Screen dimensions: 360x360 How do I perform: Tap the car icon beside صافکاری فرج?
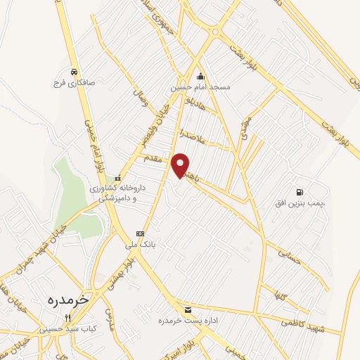point(73,72)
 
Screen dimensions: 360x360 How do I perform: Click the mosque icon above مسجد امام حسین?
point(200,77)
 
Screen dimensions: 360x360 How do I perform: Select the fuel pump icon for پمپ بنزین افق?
point(300,191)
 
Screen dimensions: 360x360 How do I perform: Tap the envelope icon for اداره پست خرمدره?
point(187,309)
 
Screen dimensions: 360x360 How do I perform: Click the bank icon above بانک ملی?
point(139,233)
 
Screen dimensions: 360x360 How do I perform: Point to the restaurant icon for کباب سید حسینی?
point(68,318)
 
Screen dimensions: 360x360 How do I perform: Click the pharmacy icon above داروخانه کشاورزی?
point(117,178)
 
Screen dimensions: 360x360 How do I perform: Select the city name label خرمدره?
point(68,299)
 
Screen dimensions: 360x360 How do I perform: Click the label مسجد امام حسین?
point(200,89)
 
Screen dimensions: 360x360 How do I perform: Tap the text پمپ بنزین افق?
point(301,202)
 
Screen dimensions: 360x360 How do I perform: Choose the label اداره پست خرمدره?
point(187,321)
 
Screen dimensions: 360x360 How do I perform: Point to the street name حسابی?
point(289,255)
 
